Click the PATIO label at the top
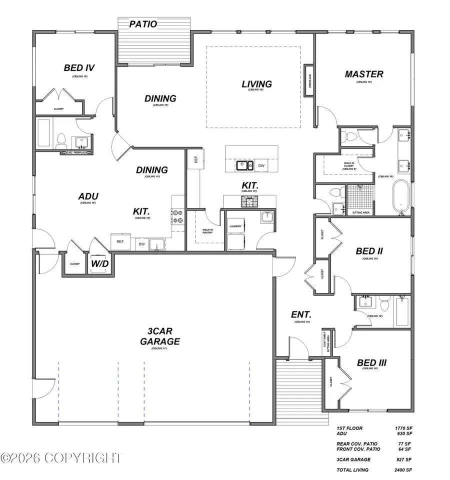pos(143,24)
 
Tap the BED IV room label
pos(79,67)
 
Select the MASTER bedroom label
pos(364,74)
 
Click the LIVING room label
pos(256,84)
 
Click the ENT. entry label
pos(301,315)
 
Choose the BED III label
pos(371,362)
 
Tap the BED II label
pos(369,251)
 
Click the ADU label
pos(88,196)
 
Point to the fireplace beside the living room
pos(308,80)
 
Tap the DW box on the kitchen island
pos(261,165)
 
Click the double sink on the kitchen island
pos(244,165)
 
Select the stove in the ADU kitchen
pos(177,216)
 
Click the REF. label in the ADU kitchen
pos(120,241)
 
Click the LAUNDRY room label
pos(235,226)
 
